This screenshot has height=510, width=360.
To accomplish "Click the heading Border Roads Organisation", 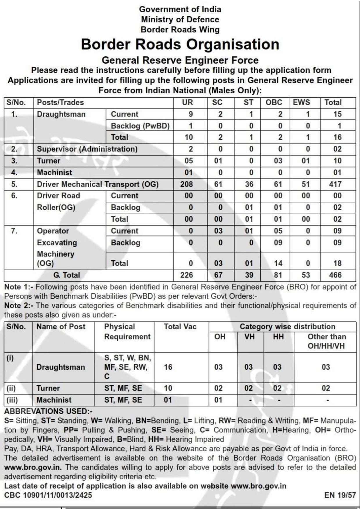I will point(180,44).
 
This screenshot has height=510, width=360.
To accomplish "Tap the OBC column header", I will point(274,102).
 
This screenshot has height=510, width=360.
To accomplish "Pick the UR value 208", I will point(186,184).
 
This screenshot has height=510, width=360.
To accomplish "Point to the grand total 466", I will point(335,275).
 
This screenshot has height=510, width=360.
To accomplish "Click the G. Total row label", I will point(66,275).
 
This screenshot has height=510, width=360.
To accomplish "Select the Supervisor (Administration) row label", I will point(87,149).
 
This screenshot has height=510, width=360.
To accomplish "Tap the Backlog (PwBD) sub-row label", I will point(140,126).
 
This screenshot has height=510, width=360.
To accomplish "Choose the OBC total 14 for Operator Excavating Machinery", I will point(278,263).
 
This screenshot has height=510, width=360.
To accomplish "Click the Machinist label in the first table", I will point(54,173).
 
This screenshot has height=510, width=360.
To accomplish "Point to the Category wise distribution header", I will point(287,327).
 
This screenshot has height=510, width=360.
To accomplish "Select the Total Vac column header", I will point(180,327).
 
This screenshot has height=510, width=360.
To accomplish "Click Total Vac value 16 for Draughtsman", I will point(168,367).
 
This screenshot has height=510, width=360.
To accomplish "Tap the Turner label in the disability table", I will point(48,388).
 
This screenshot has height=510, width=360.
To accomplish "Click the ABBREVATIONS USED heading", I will point(48,411).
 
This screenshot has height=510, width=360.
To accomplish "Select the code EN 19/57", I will point(340,495).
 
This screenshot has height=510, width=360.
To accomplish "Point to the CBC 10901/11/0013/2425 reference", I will point(48,495).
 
